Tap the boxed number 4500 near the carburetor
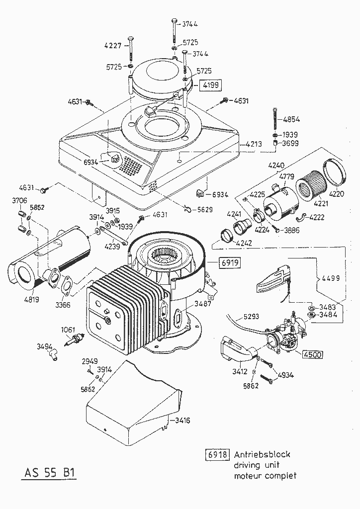point(312,354)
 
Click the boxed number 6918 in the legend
point(217,454)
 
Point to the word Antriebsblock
point(262,454)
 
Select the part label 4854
point(293,119)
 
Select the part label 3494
point(44,346)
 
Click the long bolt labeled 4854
point(274,119)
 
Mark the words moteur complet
point(265,476)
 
